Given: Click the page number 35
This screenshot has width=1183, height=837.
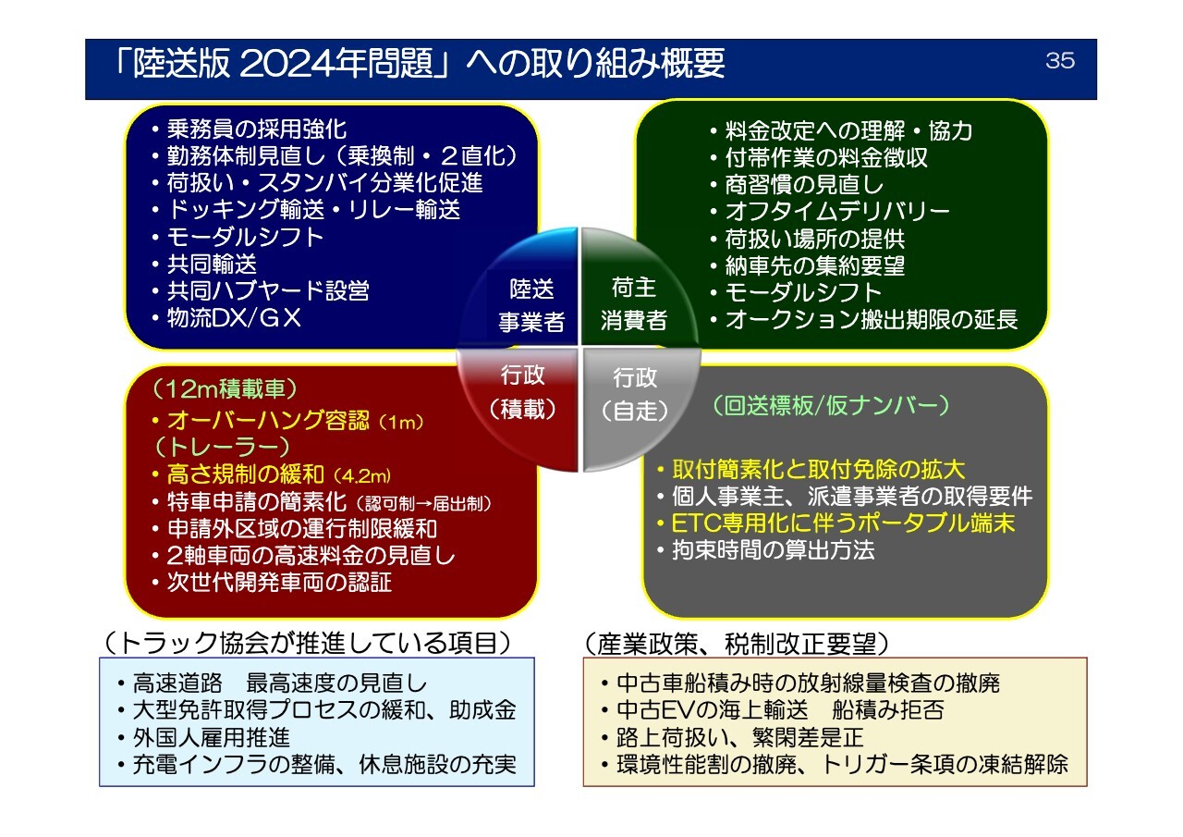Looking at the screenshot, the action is pos(1060,60).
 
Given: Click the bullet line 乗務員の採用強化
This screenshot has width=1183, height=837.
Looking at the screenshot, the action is pos(250,129).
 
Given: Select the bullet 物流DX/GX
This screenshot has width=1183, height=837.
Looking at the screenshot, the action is pos(226,318).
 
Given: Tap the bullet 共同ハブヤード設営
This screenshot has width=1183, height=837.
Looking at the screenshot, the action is pos(261,291).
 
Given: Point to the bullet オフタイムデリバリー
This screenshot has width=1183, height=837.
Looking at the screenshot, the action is pos(830,212).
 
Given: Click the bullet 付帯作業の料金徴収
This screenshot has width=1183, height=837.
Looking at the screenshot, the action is pos(819,157).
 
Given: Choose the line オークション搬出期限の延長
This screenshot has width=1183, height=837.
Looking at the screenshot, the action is pos(864,320).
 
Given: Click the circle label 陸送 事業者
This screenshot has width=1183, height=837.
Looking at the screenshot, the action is pos(531,305).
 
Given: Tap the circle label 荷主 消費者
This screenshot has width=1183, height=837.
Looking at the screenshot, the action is pos(633,304).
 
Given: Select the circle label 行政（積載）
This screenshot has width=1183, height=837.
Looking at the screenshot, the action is pos(523,391).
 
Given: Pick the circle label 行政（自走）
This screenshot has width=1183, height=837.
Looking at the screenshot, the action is pos(635,394).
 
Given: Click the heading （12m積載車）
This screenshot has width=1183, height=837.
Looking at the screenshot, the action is pos(226,389).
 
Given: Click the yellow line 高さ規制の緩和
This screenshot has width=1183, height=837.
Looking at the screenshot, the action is pos(272,474).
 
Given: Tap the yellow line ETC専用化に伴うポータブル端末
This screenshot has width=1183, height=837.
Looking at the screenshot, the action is pos(835,523).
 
